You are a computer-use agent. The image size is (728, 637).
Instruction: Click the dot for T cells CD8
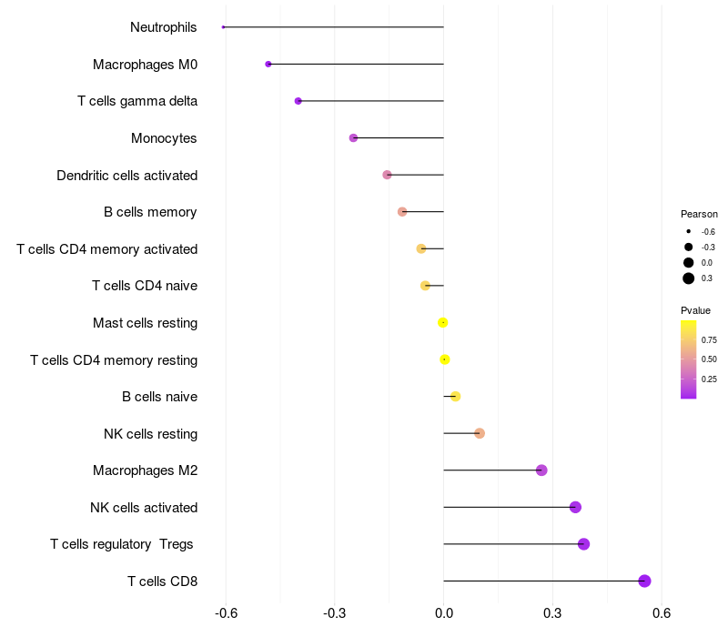(644, 581)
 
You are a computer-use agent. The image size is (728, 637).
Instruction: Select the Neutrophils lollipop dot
(223, 27)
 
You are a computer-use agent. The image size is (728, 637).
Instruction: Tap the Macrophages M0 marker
(268, 64)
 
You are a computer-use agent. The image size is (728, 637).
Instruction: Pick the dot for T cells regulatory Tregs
(583, 544)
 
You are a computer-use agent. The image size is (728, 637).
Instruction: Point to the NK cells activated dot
(575, 507)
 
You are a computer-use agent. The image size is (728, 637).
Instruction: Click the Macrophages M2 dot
(541, 470)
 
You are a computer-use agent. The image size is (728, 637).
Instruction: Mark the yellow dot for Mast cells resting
(443, 322)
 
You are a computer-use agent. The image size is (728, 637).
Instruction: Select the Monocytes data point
(353, 138)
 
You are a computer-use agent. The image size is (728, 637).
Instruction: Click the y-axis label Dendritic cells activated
(126, 175)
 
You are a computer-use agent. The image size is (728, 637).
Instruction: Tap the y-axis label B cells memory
(150, 212)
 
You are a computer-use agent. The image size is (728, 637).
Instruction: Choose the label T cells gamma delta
(137, 101)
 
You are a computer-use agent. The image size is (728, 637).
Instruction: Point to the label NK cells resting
(150, 433)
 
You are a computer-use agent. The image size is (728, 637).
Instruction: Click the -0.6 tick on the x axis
(227, 613)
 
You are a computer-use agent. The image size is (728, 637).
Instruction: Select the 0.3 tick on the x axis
(552, 613)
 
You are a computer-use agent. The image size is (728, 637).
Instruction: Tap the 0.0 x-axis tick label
(443, 613)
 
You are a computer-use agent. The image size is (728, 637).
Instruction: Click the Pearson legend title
(699, 214)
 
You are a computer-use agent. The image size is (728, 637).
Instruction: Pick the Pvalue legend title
(696, 310)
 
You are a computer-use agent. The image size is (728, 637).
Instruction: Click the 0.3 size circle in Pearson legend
(689, 278)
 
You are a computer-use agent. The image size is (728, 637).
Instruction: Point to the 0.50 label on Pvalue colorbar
(709, 359)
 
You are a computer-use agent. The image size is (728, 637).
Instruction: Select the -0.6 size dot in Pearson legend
(689, 231)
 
